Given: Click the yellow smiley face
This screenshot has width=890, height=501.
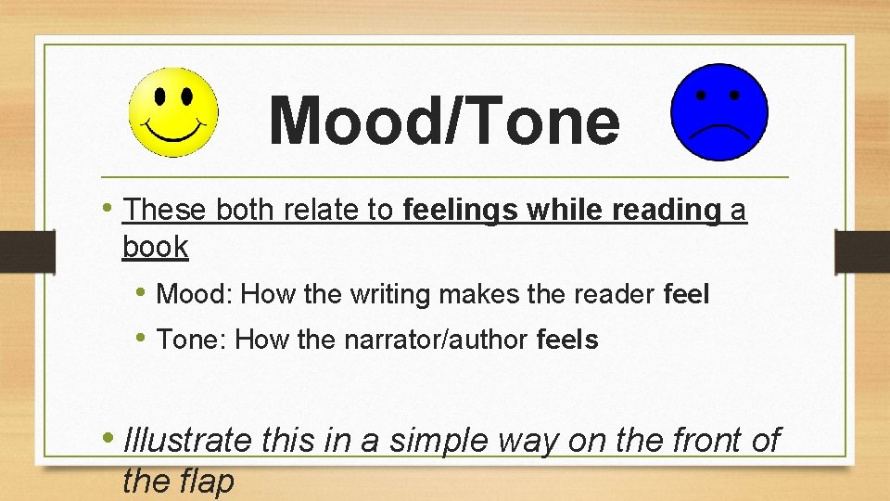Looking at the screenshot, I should (x=173, y=112).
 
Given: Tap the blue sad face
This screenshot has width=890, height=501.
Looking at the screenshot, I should (x=719, y=112).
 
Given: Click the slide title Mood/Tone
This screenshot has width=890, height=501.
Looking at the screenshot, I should (x=444, y=122).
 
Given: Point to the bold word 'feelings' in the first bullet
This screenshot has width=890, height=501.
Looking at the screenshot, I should (x=460, y=212).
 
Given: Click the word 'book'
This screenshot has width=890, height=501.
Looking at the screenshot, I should (x=155, y=248).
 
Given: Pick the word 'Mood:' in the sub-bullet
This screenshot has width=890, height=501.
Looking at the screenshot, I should (x=195, y=295).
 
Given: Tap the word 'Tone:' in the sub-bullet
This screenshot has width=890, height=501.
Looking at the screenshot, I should (x=193, y=340).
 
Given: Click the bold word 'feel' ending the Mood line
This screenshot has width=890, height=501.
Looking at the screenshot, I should (x=687, y=295).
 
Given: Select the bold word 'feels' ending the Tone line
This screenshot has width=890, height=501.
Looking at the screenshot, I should (x=567, y=340).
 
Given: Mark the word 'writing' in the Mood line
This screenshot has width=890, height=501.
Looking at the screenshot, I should (x=389, y=295).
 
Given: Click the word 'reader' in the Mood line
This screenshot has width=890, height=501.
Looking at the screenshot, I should (x=614, y=295).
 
